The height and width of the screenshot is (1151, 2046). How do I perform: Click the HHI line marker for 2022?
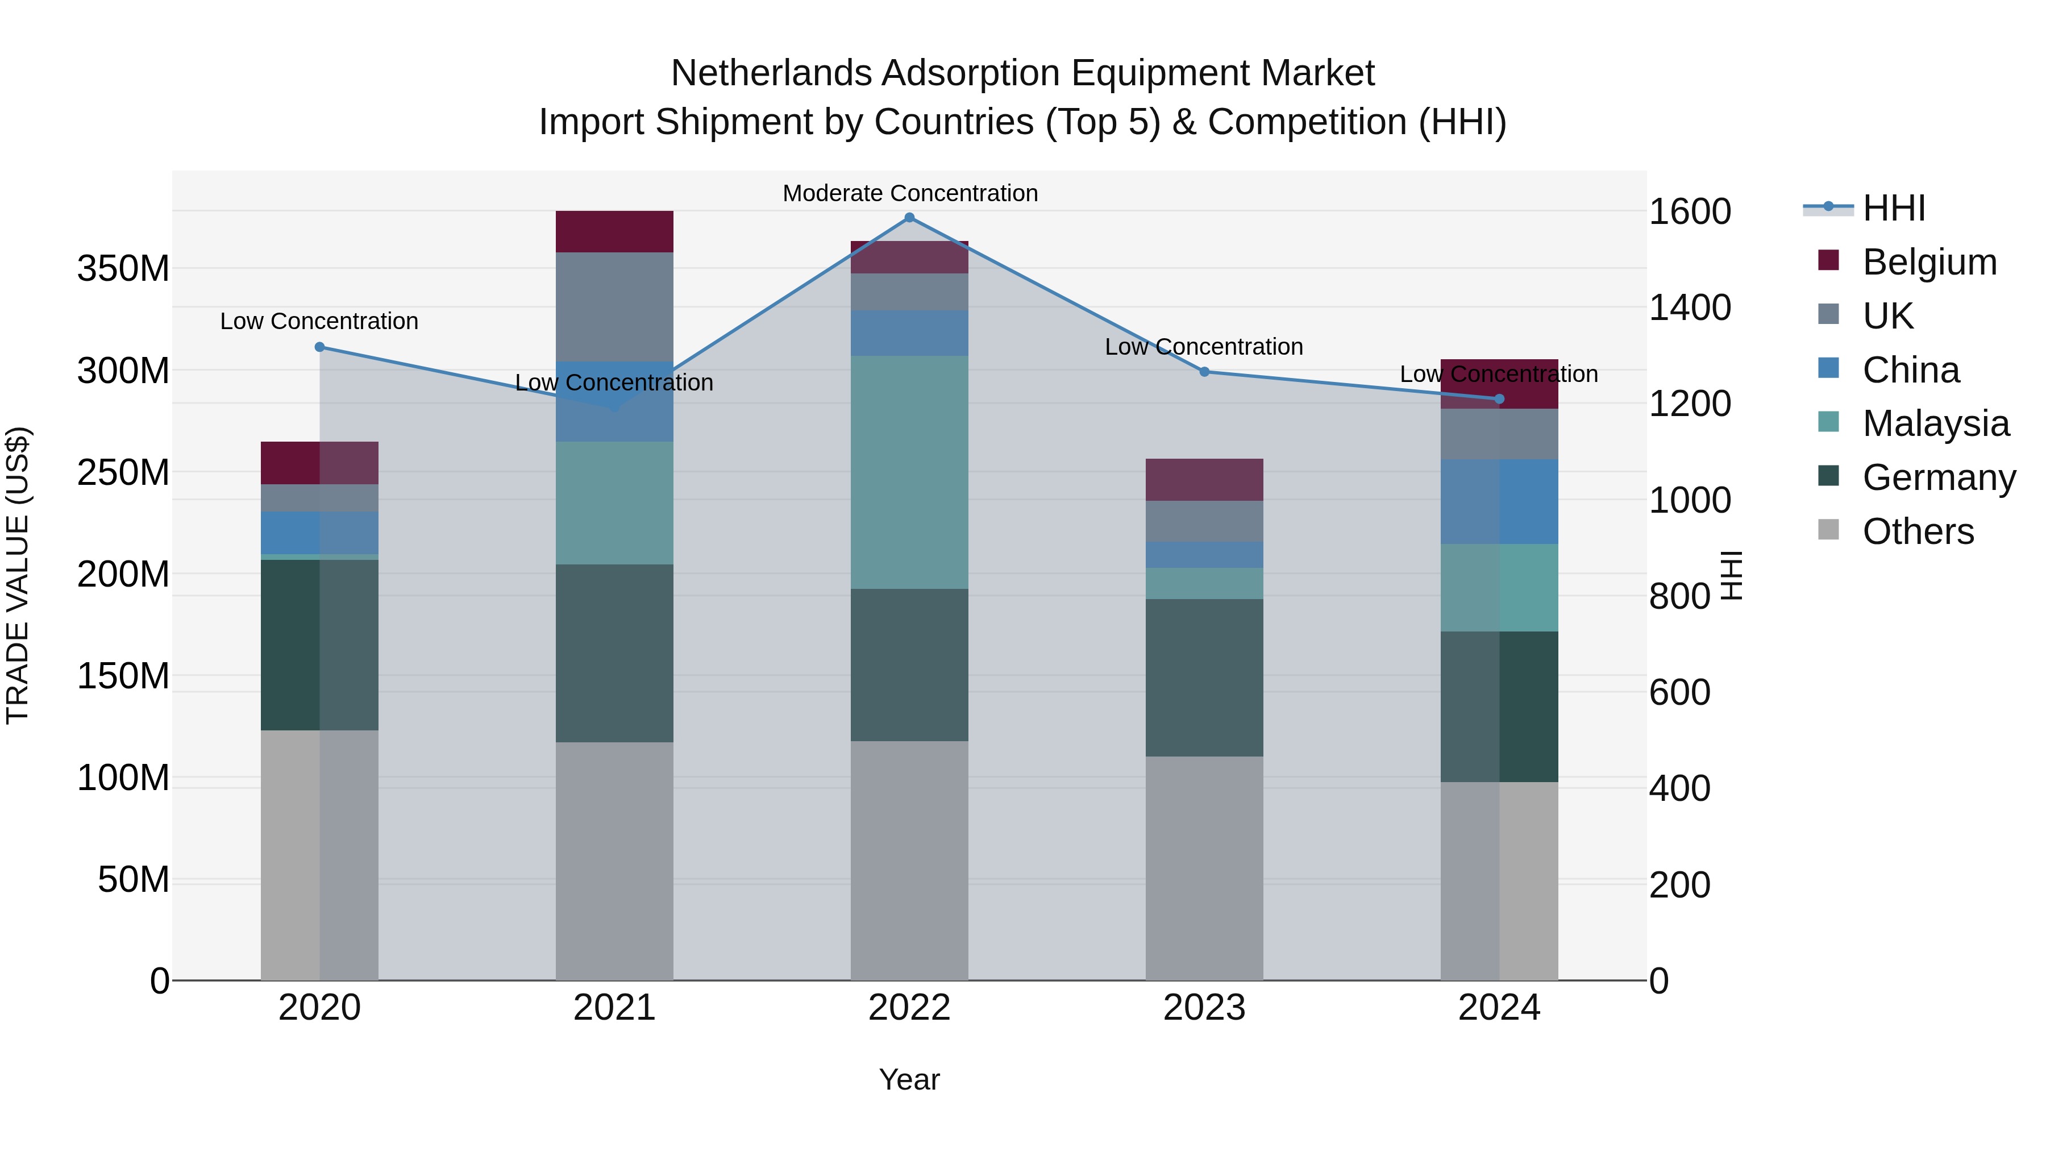pyautogui.click(x=909, y=218)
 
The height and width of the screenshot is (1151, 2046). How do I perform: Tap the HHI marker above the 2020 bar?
pyautogui.click(x=319, y=347)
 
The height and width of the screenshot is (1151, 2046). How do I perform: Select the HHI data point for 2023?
pyautogui.click(x=1204, y=372)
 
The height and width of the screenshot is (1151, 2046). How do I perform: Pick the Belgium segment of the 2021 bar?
pyautogui.click(x=614, y=232)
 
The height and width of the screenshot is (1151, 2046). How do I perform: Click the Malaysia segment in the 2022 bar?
pyautogui.click(x=909, y=472)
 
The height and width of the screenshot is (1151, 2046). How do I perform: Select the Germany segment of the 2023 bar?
pyautogui.click(x=1204, y=677)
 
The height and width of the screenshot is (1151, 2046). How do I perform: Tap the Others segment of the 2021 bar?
pyautogui.click(x=614, y=861)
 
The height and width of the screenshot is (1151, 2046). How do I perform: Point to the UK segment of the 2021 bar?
pyautogui.click(x=614, y=306)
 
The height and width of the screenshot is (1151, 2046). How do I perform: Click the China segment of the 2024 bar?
pyautogui.click(x=1499, y=501)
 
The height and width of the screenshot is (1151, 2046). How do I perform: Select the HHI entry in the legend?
pyautogui.click(x=1894, y=208)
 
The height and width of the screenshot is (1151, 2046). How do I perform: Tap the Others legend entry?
pyautogui.click(x=1918, y=531)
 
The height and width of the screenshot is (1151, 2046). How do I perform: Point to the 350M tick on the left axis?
pyautogui.click(x=123, y=268)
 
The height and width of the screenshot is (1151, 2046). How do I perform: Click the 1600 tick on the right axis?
pyautogui.click(x=1690, y=211)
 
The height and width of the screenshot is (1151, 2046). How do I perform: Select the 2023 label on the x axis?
pyautogui.click(x=1204, y=1008)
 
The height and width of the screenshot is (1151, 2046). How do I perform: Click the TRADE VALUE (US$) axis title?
pyautogui.click(x=18, y=575)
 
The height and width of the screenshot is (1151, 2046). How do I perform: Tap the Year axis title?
pyautogui.click(x=909, y=1079)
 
